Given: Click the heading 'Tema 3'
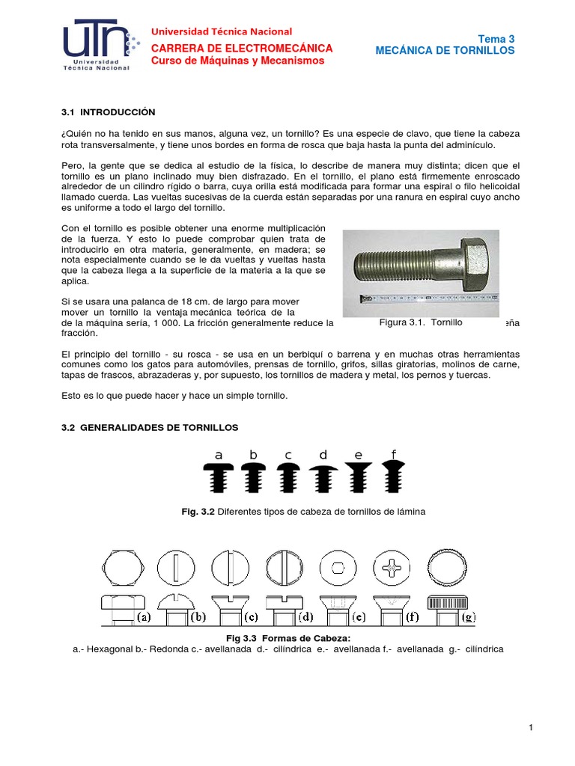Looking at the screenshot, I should point(496,39).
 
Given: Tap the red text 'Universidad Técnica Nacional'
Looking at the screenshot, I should point(222,31).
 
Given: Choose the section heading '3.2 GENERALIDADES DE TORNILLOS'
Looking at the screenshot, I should point(148,427).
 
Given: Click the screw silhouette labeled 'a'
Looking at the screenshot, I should point(219,477).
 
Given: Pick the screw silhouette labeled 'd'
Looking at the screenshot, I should point(323,477).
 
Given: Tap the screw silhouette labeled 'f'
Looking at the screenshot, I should point(393,475).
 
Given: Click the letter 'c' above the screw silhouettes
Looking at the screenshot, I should point(288,455).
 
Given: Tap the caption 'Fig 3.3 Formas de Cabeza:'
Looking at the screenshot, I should point(288,637).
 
